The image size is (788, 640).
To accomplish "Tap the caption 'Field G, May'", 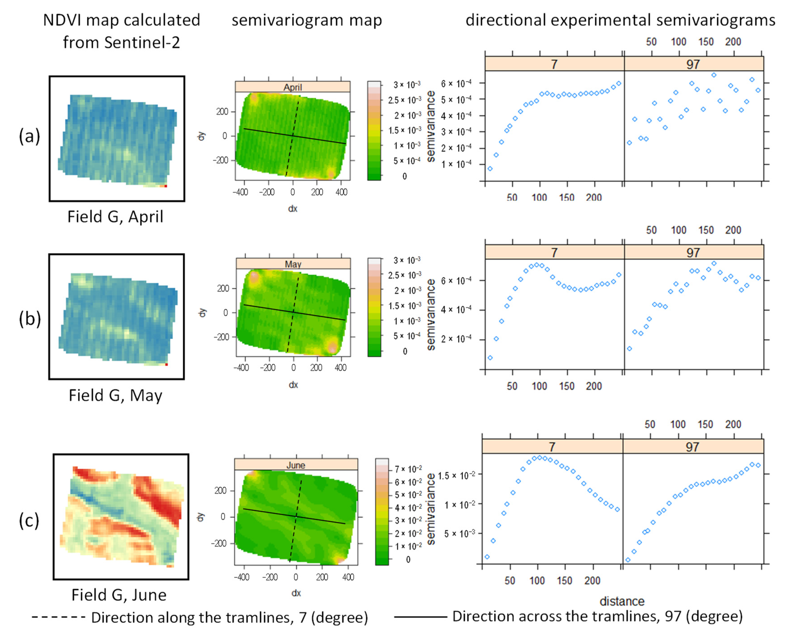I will (x=115, y=395).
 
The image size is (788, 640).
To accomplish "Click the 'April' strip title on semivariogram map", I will (x=293, y=87).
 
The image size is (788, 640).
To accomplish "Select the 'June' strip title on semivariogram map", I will (x=295, y=465).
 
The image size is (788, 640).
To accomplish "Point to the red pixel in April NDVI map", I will (x=166, y=186).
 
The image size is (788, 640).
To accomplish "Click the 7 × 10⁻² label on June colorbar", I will (x=408, y=469).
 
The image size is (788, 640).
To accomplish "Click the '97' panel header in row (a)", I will (x=693, y=64).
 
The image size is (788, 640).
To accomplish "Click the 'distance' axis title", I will (x=622, y=601).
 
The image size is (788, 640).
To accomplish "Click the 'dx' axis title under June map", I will (x=296, y=593).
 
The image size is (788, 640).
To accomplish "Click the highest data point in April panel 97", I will (x=714, y=75).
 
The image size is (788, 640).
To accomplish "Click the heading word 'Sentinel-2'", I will (x=142, y=42).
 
